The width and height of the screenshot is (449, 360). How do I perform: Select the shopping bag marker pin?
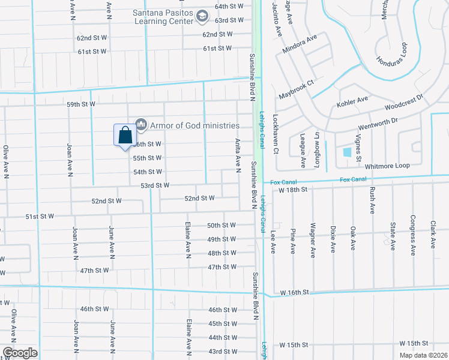point(125,136)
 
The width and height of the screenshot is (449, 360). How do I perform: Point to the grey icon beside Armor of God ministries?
point(142,125)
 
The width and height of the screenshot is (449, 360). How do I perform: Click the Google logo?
point(19,353)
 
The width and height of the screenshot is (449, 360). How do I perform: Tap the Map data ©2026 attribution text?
point(423,355)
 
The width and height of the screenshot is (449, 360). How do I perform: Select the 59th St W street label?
point(81,104)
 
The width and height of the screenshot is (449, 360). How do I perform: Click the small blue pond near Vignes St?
point(347,151)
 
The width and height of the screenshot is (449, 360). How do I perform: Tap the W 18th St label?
point(293,189)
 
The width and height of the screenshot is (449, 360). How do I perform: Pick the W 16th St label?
point(294,292)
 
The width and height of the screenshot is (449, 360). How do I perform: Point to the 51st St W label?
point(40,216)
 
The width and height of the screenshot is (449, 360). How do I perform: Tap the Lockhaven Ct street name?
point(276,133)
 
